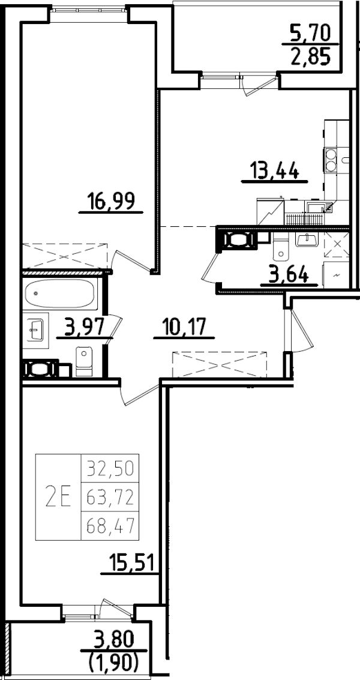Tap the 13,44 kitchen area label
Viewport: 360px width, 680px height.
[274, 171]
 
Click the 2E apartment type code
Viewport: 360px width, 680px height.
[58, 497]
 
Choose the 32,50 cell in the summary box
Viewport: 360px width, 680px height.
[110, 466]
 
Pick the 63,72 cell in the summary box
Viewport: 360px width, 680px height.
[110, 496]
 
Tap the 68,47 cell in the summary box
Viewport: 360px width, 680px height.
[110, 526]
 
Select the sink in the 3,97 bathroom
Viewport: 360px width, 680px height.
[35, 329]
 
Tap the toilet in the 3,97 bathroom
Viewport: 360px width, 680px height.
[84, 361]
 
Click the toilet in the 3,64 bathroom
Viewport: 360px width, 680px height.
[280, 247]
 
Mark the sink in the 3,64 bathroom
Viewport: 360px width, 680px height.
[308, 239]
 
